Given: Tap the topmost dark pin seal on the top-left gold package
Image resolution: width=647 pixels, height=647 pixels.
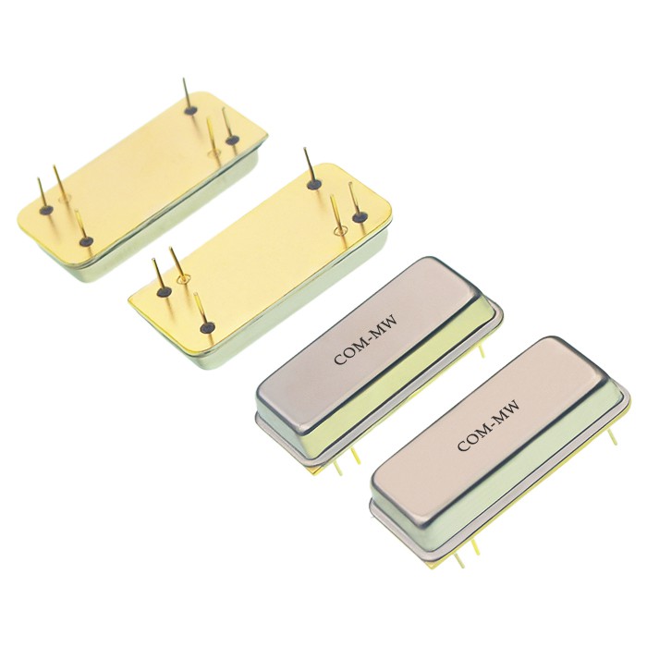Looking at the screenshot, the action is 189,111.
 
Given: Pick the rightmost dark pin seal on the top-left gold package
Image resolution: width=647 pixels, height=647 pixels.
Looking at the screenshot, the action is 233,140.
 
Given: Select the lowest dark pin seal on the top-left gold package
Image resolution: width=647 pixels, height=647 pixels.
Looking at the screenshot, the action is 86,242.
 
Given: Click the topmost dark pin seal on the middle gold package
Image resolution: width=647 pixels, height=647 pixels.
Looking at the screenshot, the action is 314,184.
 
